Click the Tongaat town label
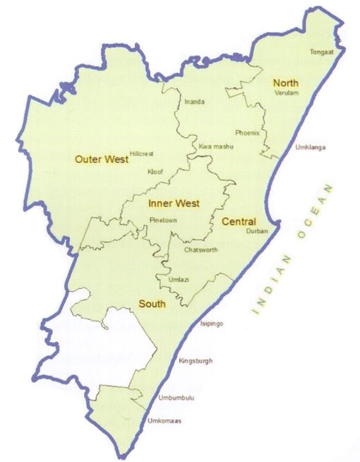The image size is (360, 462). [321, 52]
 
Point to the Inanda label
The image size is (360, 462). [194, 102]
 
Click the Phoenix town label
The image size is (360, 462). [248, 133]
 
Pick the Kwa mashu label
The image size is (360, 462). [216, 146]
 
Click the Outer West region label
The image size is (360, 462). [102, 160]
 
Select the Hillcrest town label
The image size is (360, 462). [142, 153]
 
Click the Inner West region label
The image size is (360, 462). [174, 203]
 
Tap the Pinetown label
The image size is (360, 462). [163, 220]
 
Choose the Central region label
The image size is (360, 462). [239, 222]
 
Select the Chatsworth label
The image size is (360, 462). [200, 250]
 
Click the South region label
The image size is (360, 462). [152, 304]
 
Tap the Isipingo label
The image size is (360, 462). [212, 323]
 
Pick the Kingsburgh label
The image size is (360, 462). [196, 361]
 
